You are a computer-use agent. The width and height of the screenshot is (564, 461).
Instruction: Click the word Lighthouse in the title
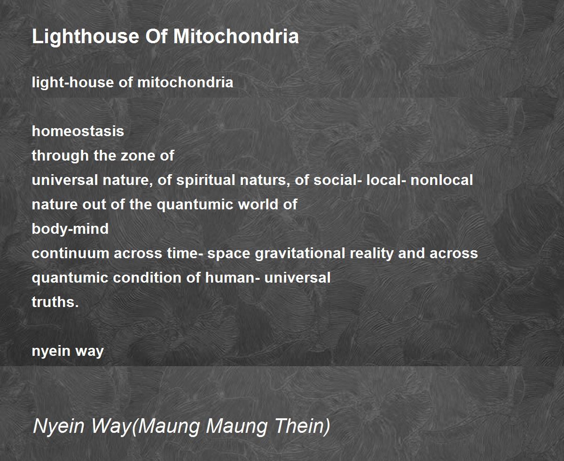point(86,37)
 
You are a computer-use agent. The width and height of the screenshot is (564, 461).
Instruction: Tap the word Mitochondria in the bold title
point(236,36)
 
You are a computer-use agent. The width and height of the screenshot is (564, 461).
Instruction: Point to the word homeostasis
point(78,131)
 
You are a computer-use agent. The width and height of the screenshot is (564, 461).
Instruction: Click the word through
point(60,156)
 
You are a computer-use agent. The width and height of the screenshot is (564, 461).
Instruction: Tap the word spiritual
point(206,180)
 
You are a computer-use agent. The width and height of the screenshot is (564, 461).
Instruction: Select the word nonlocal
point(441,180)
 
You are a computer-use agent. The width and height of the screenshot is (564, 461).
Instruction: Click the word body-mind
point(70,229)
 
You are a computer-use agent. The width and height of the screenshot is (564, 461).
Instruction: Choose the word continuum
point(70,254)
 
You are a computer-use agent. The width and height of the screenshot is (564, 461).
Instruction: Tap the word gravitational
point(300,254)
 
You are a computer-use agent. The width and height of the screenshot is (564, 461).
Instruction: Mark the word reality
point(372,254)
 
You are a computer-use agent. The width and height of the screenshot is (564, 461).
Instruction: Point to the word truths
point(55,302)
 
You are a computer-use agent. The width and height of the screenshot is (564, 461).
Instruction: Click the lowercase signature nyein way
point(68,352)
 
